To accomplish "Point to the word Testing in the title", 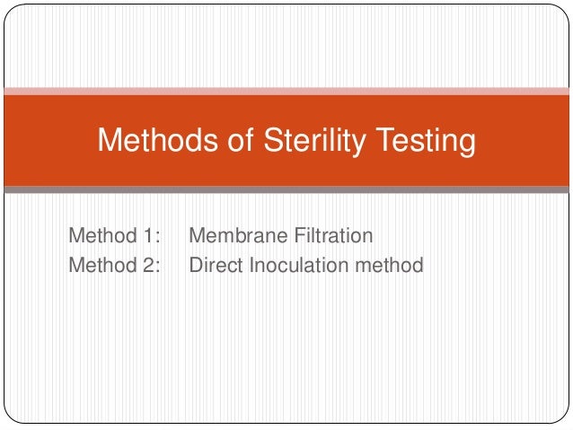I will pyautogui.click(x=422, y=141).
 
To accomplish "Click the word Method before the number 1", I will pyautogui.click(x=101, y=236).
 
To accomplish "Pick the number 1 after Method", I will pyautogui.click(x=147, y=236).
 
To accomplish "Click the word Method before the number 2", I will pyautogui.click(x=101, y=265).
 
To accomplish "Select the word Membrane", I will pyautogui.click(x=236, y=236).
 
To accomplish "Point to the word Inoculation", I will pyautogui.click(x=294, y=265).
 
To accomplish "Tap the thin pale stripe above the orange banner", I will pyautogui.click(x=286, y=91).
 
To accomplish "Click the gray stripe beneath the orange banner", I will pyautogui.click(x=286, y=189).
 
